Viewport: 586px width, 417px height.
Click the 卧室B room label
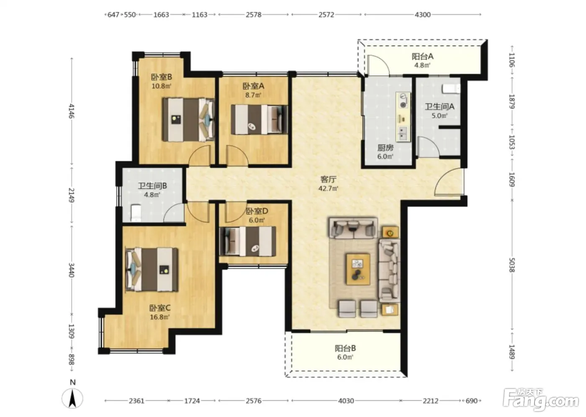coord(162,77)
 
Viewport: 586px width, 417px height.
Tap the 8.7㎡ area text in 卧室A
coord(253,95)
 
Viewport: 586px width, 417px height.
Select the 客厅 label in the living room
coord(328,180)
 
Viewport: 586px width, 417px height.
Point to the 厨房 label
coord(386,148)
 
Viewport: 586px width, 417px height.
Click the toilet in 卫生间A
coord(451,89)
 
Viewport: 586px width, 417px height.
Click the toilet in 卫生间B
coord(136,212)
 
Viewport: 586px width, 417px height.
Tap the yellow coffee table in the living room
coord(358,269)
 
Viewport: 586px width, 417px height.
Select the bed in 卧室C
coord(152,269)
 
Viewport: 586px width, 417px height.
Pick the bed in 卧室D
coord(248,241)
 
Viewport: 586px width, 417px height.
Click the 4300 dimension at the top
coord(422,15)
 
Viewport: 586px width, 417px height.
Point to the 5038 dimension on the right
coord(511,265)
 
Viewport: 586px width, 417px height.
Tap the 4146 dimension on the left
coord(72,111)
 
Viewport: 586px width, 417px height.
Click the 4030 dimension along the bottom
coord(346,401)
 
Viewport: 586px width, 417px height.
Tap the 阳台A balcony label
coord(422,56)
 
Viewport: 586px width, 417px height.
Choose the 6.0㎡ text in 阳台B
coord(345,357)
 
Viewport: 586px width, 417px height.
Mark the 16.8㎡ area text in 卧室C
coord(159,317)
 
